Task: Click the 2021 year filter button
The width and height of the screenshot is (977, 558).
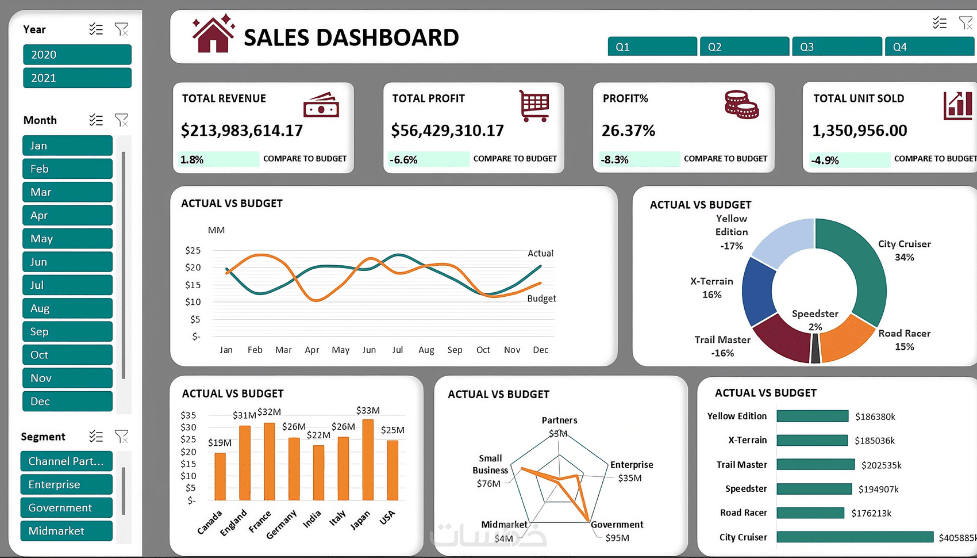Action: (x=77, y=78)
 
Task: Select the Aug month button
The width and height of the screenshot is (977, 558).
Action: (x=67, y=308)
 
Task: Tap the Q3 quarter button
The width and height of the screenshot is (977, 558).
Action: (x=836, y=47)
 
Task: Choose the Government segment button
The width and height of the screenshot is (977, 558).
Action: (x=66, y=508)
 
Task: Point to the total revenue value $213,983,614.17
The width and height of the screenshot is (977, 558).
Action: (x=242, y=131)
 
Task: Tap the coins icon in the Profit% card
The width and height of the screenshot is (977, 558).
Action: (x=741, y=105)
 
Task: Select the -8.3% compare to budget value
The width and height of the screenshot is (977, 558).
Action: (x=615, y=159)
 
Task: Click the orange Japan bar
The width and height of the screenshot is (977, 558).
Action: (x=368, y=460)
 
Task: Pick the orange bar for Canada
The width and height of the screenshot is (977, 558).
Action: (x=220, y=476)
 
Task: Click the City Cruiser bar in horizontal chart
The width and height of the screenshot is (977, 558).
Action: (x=855, y=537)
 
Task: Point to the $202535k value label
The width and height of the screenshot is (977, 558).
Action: (x=881, y=465)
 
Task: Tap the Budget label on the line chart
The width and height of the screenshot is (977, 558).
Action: (x=541, y=299)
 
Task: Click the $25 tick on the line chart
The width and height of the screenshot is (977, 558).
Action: (x=193, y=250)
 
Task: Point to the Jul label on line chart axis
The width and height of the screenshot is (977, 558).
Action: (x=397, y=350)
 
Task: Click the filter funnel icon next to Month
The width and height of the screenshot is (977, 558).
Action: (x=121, y=120)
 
